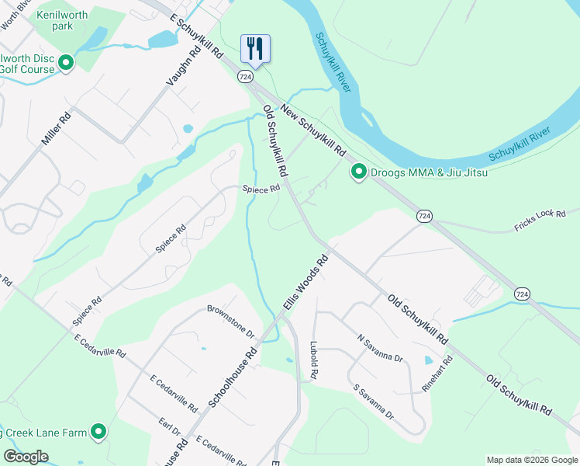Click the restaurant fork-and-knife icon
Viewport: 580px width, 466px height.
(255, 48)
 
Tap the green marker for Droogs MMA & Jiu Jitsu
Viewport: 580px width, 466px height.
(358, 172)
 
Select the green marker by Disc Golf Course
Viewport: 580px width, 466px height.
(66, 62)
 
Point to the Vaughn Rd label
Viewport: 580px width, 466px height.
(184, 64)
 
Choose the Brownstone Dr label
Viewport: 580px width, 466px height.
(231, 320)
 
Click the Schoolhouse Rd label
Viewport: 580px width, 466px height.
(233, 378)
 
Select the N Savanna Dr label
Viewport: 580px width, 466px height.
(380, 348)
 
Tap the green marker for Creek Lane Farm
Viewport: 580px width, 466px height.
(98, 431)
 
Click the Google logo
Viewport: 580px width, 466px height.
(26, 457)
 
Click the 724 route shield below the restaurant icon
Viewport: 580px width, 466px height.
(245, 77)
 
